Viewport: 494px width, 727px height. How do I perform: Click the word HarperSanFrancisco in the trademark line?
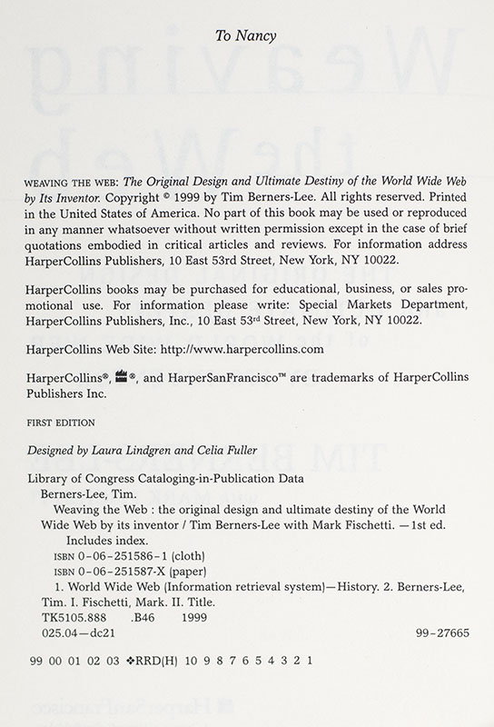click(207, 381)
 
